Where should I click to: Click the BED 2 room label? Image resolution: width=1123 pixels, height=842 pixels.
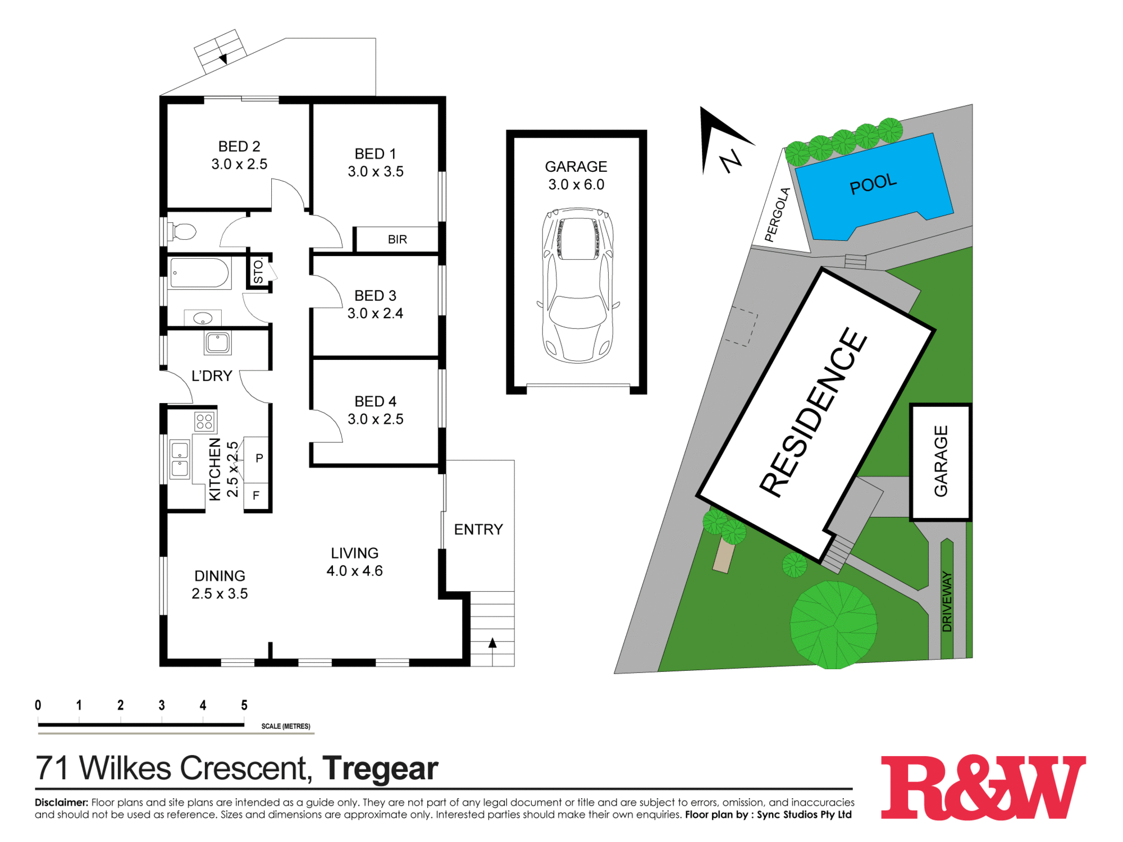pos(239,147)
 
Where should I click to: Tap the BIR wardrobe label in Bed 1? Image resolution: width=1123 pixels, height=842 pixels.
pos(397,240)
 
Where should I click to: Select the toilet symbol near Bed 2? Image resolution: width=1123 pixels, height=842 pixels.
pos(182,231)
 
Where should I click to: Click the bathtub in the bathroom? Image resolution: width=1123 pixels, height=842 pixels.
pos(199,273)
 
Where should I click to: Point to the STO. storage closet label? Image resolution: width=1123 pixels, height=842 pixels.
pos(258,271)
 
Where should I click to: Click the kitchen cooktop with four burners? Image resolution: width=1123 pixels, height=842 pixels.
pos(204,421)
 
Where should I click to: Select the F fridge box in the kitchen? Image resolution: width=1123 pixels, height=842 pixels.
pos(256,496)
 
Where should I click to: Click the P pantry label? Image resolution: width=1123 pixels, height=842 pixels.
pos(259,458)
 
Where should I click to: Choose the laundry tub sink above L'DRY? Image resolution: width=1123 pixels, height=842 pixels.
pos(217,342)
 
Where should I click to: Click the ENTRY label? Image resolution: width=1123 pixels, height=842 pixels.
pos(478,529)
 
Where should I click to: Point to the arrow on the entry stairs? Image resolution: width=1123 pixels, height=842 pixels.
pos(492,643)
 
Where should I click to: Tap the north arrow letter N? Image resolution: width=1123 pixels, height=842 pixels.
pos(732,161)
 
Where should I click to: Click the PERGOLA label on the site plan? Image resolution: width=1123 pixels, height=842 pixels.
pos(778,215)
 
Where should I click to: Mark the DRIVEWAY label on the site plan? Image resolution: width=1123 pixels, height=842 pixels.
pos(947,602)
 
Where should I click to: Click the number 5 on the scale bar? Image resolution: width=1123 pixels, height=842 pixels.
pos(244,705)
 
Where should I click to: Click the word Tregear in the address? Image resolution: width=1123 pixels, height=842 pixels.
pos(380,768)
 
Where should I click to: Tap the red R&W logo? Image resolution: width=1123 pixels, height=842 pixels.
pos(983,788)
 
